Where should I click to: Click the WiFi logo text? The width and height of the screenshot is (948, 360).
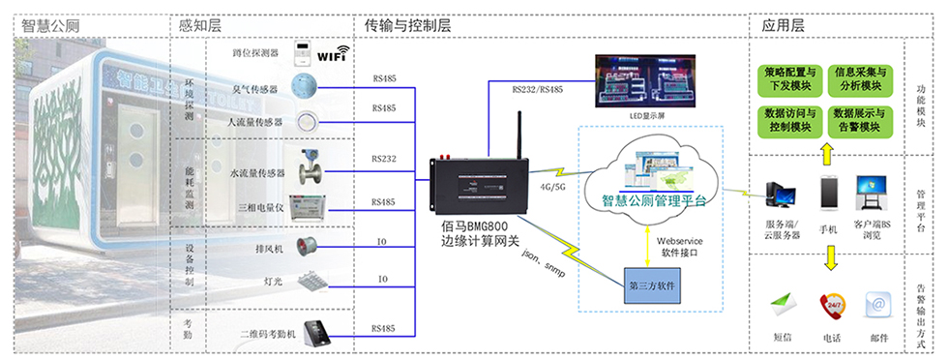tap(332, 55)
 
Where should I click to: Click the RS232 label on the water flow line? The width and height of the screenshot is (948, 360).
tap(384, 158)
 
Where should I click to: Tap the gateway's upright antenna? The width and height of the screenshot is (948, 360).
tap(518, 135)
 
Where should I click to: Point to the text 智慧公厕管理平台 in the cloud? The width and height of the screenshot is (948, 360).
tap(654, 201)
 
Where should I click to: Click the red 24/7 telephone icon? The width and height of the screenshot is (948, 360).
tap(831, 306)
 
